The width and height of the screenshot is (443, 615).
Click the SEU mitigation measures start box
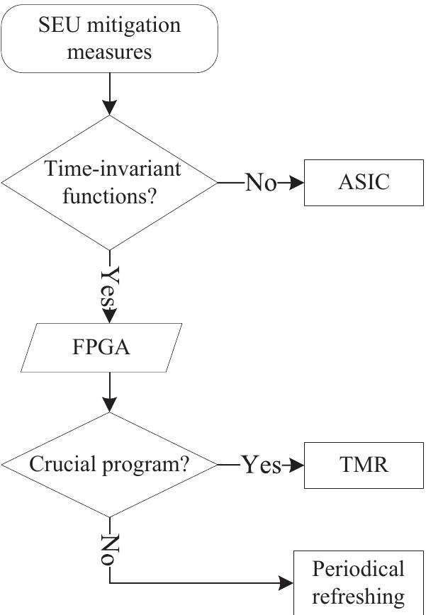tap(109, 39)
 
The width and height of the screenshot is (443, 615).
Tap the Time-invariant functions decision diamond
tap(109, 182)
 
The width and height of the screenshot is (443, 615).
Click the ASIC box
tap(364, 182)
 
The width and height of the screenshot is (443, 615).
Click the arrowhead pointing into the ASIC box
tap(297, 183)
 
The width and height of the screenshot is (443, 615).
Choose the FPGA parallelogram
tap(101, 348)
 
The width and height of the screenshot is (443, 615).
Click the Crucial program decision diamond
tap(109, 465)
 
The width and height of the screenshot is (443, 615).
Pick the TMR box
tap(364, 465)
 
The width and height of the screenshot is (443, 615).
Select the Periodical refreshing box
tap(359, 582)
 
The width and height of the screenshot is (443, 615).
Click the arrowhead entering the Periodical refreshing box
tap(286, 583)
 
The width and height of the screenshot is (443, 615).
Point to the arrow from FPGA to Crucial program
tap(109, 392)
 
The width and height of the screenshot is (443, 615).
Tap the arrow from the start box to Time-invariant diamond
tap(109, 94)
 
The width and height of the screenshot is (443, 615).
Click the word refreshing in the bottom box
tap(359, 596)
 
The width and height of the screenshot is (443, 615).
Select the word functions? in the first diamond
tap(109, 196)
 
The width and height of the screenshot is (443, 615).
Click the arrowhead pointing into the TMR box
tap(297, 466)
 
